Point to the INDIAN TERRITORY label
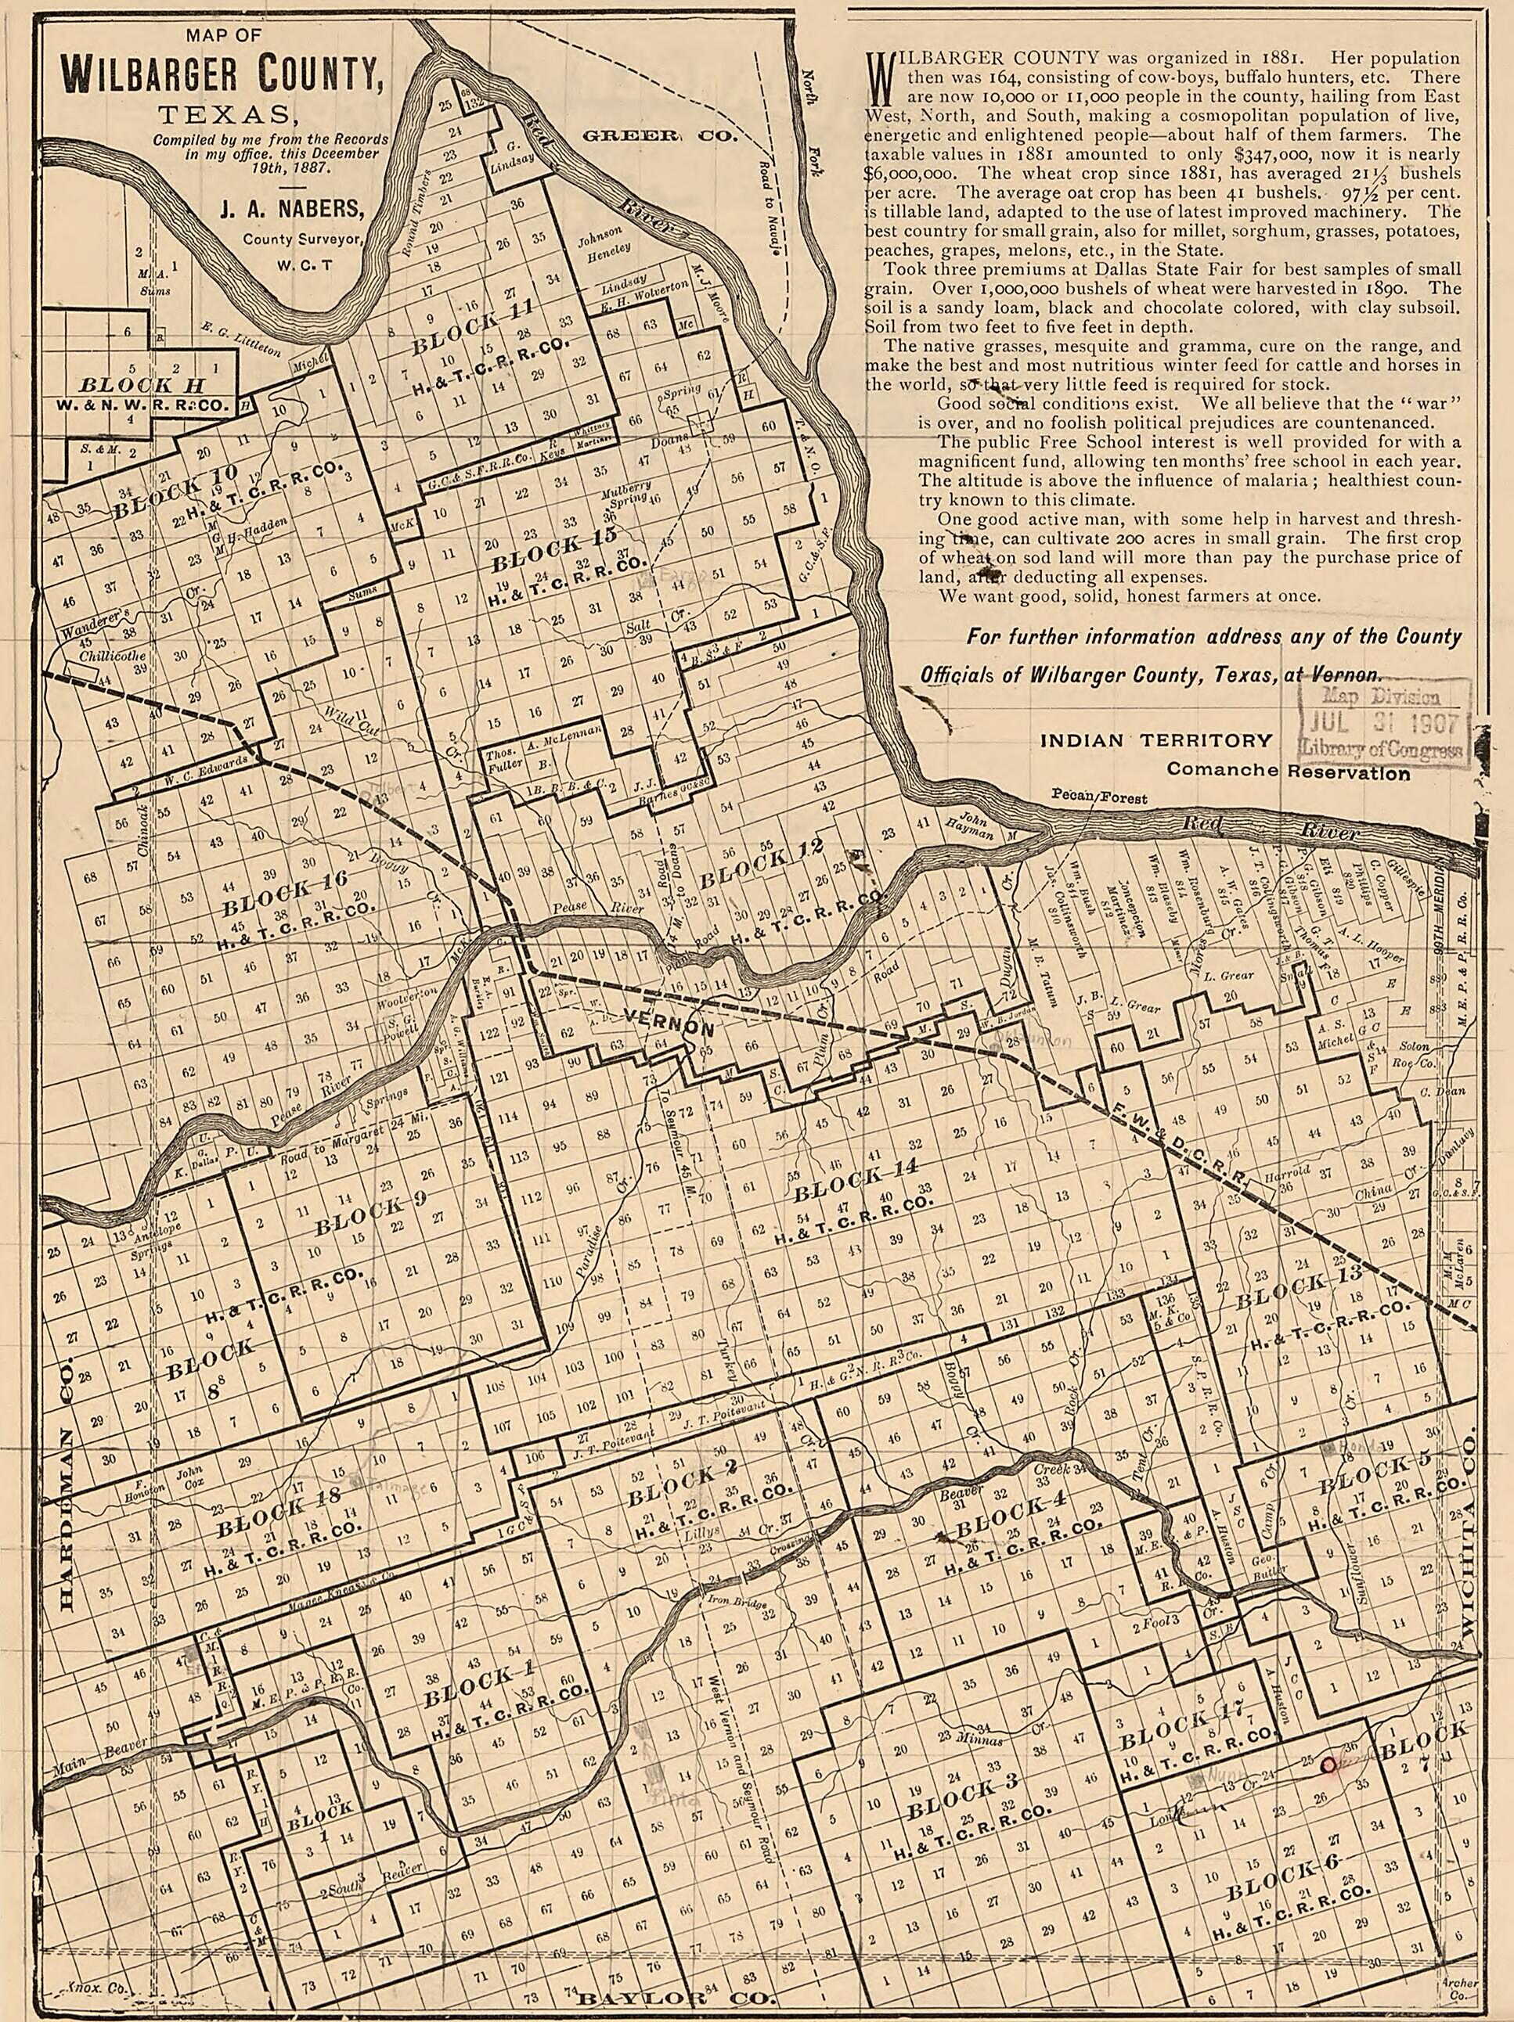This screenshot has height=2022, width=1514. pos(1155,740)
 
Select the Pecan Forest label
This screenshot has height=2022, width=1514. pos(1100,798)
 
